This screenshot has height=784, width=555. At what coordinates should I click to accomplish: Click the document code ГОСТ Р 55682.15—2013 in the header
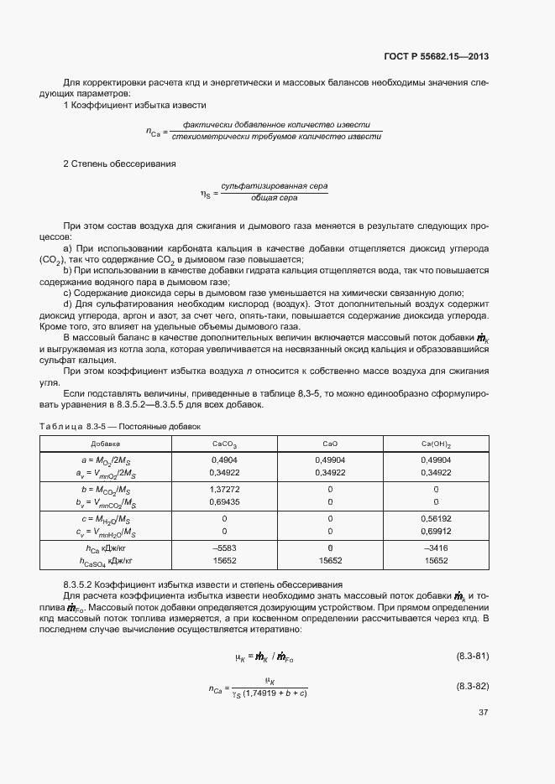[x=436, y=57]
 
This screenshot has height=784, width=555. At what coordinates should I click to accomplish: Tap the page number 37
[x=484, y=713]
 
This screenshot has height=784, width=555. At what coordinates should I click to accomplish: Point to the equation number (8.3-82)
[x=473, y=686]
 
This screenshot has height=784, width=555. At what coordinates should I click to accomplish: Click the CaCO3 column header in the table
[x=224, y=444]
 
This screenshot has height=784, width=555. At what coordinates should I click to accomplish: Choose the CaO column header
[x=330, y=444]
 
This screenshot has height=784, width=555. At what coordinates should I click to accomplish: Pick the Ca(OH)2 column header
[x=436, y=444]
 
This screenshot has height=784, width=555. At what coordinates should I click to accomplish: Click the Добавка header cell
[x=106, y=444]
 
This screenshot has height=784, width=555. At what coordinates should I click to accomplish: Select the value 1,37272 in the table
[x=224, y=488]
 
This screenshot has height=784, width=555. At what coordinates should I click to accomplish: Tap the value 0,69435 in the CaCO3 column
[x=224, y=501]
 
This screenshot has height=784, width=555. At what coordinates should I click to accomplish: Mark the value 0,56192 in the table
[x=436, y=519]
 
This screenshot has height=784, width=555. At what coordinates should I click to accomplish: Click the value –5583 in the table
[x=224, y=548]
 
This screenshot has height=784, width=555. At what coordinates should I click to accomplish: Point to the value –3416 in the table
[x=436, y=548]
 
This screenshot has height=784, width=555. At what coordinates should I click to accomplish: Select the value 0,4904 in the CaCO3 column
[x=224, y=459]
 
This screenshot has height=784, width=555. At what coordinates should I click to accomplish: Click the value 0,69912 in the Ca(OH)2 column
[x=436, y=532]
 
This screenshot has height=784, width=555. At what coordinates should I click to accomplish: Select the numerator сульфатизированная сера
[x=274, y=184]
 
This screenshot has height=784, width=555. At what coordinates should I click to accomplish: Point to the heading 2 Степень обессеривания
[x=119, y=164]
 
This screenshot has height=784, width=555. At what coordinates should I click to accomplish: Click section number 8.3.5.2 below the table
[x=81, y=584]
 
